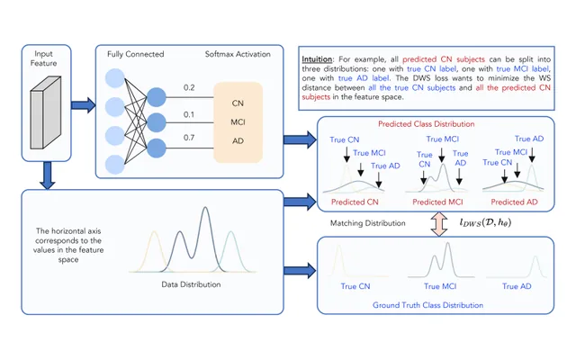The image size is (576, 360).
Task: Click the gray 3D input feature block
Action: tap(46, 112)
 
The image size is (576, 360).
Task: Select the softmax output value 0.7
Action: tap(189, 138)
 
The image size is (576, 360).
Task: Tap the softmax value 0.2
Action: tap(189, 87)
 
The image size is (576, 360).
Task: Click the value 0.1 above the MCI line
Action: tap(189, 114)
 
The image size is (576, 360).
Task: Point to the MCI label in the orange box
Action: tap(238, 122)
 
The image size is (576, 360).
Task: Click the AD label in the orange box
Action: tap(238, 141)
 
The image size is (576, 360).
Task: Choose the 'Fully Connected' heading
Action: tap(136, 54)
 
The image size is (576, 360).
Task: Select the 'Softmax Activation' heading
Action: tap(238, 54)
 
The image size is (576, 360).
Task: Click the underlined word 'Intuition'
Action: tap(317, 59)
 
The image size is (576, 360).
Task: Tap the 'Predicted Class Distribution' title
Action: tap(426, 124)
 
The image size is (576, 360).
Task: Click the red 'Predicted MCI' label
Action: tap(437, 202)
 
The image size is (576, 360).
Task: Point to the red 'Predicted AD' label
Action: tap(514, 202)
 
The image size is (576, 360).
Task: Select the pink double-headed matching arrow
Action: tap(439, 224)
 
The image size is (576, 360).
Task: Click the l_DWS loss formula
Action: tap(485, 222)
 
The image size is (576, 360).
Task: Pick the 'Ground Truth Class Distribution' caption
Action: tap(428, 305)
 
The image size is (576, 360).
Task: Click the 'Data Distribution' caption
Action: tap(191, 284)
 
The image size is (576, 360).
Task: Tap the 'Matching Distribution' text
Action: tap(368, 223)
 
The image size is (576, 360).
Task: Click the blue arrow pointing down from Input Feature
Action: tap(48, 175)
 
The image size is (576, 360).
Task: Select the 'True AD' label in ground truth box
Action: tap(517, 286)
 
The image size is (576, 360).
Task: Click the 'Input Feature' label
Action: tap(43, 58)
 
